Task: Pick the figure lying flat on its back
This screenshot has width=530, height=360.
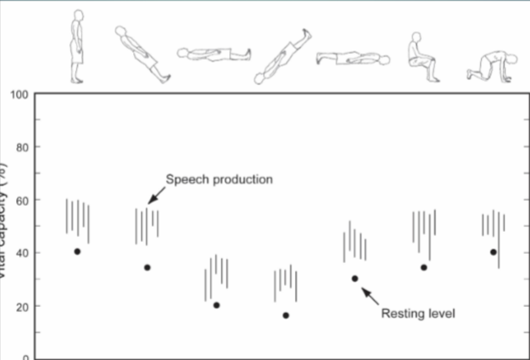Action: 214,54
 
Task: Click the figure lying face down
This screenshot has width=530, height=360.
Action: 353,59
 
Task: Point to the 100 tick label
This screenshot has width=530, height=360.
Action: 19,94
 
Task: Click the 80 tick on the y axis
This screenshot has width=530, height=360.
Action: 21,148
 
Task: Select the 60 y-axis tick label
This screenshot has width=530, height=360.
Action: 21,201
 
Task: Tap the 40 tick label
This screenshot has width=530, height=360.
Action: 21,253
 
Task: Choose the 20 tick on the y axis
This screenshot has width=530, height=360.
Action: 21,306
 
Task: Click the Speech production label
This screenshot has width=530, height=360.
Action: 219,179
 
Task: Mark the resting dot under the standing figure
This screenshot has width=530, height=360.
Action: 78,251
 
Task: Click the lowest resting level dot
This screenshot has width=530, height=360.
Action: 286,315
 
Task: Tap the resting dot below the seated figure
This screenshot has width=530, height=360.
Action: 424,267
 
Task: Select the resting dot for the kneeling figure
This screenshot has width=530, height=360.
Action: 493,252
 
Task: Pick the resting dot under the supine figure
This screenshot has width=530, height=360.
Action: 217,305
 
